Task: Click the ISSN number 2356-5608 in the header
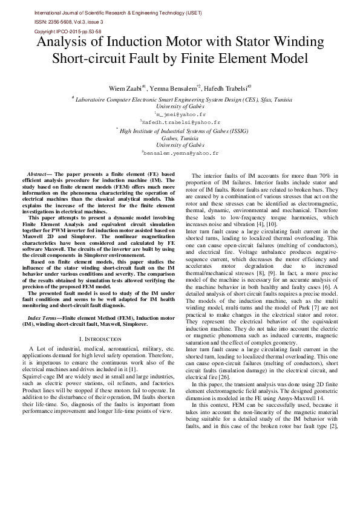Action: coord(65,21)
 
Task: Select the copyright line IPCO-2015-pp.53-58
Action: coord(68,31)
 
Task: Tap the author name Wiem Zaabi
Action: coord(143,88)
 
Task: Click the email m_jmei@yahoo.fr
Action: coord(182,114)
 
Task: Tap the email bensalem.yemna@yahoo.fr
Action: coord(181,154)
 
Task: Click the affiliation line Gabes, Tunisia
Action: coord(180,138)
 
